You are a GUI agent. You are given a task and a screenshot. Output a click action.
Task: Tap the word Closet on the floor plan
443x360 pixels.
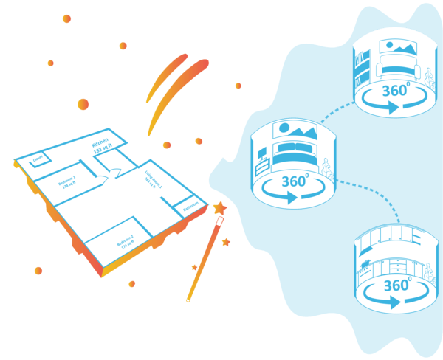(x=38, y=157)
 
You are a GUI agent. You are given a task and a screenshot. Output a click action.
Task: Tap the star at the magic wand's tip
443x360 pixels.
(x=219, y=209)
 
